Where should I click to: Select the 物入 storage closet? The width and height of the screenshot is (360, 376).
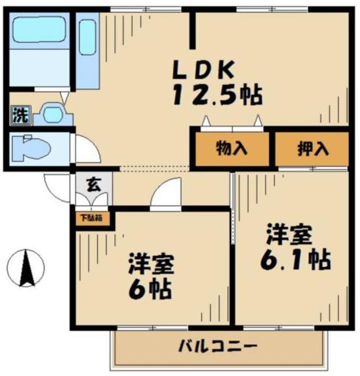(x=232, y=148)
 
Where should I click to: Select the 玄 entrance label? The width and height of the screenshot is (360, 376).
(x=94, y=184)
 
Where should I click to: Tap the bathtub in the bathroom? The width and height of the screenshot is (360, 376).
(x=38, y=29)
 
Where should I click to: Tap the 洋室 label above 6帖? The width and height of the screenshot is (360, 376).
(x=151, y=265)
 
